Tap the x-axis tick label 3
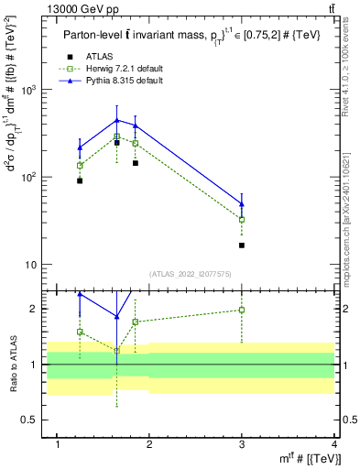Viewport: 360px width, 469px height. (242, 444)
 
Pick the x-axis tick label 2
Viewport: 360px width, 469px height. (150, 444)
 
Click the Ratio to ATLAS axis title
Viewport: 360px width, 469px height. (13, 365)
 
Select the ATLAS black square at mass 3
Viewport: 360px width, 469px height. (242, 245)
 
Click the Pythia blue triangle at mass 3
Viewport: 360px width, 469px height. (242, 204)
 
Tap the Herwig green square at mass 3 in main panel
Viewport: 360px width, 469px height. (242, 220)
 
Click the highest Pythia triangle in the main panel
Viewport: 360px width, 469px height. (116, 120)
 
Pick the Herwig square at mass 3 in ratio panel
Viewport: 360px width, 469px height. (242, 310)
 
